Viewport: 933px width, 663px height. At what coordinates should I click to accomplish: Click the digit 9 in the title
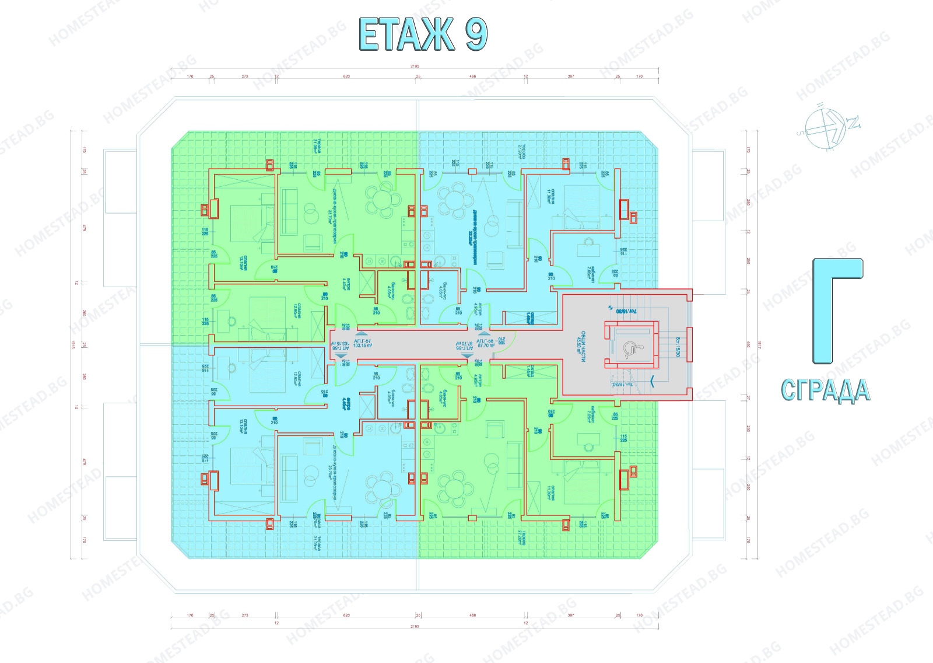click(x=476, y=35)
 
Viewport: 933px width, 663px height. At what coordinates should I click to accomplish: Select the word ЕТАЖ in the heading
click(x=406, y=35)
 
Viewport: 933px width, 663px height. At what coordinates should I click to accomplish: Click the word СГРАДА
click(x=825, y=390)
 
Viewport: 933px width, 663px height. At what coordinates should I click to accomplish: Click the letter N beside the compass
click(x=853, y=123)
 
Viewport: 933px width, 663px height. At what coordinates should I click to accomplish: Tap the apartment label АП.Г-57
click(x=362, y=341)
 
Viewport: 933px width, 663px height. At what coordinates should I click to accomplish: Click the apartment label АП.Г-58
click(x=485, y=341)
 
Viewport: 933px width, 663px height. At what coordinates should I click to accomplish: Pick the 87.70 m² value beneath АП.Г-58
click(x=486, y=346)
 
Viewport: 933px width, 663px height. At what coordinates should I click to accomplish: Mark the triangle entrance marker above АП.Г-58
click(x=483, y=334)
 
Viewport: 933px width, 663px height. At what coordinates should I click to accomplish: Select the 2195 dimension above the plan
click(x=415, y=66)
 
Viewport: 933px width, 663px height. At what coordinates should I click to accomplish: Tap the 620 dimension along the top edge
click(x=346, y=76)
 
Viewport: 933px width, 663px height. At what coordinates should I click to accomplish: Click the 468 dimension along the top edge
click(x=472, y=76)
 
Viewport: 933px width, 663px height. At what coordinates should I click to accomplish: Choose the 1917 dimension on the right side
click(x=759, y=344)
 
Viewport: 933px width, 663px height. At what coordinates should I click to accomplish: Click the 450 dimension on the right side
click(x=748, y=344)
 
